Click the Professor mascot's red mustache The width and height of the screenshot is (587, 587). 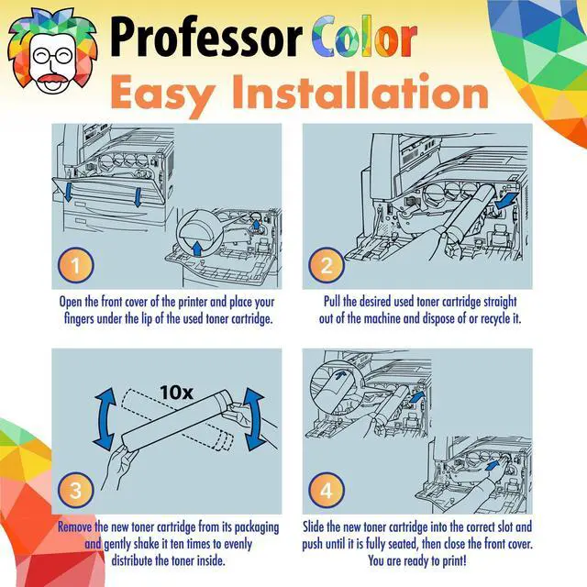pyautogui.click(x=51, y=79)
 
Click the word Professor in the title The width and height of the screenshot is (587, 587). pyautogui.click(x=206, y=37)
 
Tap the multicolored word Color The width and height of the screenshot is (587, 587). pyautogui.click(x=364, y=37)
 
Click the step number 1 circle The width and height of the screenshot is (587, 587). pyautogui.click(x=75, y=265)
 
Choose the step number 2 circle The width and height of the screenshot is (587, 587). pyautogui.click(x=327, y=265)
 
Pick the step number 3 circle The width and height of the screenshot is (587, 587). pyautogui.click(x=75, y=490)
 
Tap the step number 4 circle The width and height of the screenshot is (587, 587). pyautogui.click(x=327, y=490)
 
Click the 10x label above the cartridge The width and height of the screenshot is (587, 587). pyautogui.click(x=176, y=393)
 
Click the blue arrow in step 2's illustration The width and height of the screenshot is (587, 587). pyautogui.click(x=507, y=200)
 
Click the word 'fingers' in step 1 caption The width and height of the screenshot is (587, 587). pyautogui.click(x=79, y=319)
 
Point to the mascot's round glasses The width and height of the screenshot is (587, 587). pyautogui.click(x=52, y=57)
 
